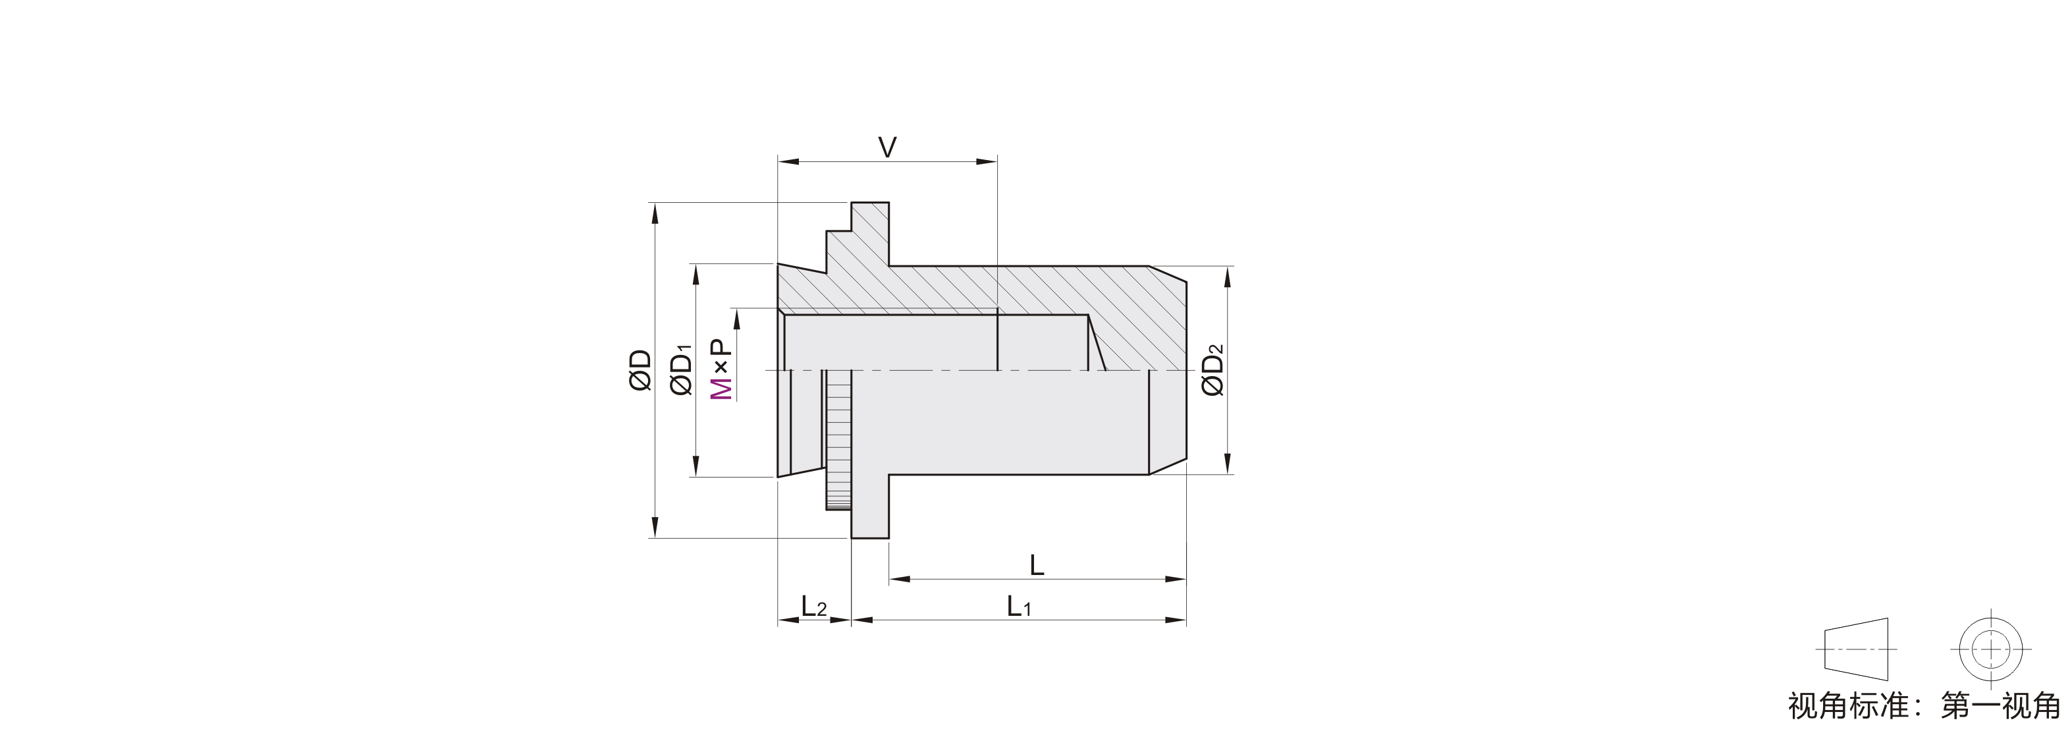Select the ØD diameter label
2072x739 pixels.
click(x=640, y=370)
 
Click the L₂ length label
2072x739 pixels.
click(x=814, y=607)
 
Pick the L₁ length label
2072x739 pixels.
click(x=1018, y=607)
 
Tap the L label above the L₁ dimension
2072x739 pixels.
click(x=1037, y=565)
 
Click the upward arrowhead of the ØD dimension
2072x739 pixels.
click(x=655, y=213)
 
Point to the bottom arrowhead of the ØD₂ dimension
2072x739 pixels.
click(x=1228, y=464)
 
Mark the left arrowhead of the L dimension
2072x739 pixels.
click(x=899, y=579)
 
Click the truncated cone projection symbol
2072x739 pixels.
click(x=1857, y=649)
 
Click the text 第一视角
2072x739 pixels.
click(x=2000, y=706)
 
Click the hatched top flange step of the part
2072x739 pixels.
click(x=870, y=233)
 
